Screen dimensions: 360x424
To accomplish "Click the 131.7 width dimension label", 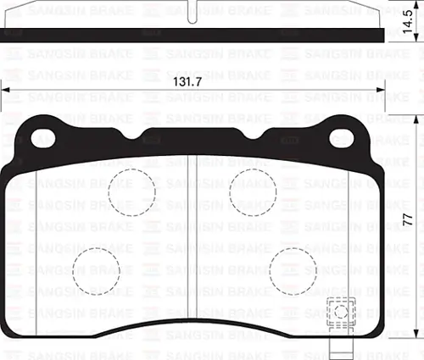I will tap(192, 82).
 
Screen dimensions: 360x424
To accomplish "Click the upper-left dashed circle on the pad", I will tap(131, 190).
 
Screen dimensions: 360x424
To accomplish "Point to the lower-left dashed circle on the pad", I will tap(96, 270).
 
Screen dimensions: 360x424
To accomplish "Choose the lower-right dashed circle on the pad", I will tap(293, 271).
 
